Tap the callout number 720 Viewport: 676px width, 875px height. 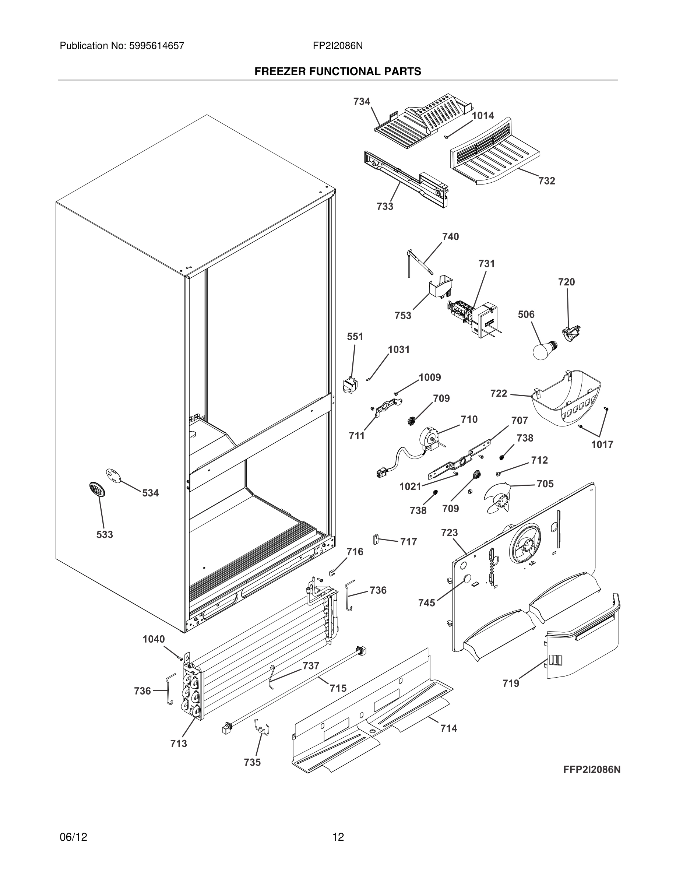point(566,282)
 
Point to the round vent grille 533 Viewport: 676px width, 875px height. point(96,489)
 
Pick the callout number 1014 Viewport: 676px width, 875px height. point(483,116)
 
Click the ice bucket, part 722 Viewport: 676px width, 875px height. point(565,398)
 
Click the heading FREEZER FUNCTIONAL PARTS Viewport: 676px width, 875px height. point(338,72)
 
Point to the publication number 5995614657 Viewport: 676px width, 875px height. point(156,46)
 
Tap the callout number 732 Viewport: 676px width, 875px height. point(546,181)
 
